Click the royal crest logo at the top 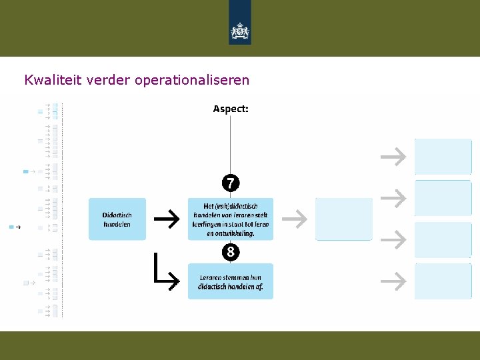click(240, 29)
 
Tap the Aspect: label click(231, 109)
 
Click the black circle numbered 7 click(231, 183)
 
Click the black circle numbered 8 click(231, 253)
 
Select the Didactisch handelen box click(117, 219)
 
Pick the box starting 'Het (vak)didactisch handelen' click(231, 219)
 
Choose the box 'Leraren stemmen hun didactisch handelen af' click(231, 281)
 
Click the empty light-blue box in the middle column click(344, 219)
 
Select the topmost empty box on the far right click(443, 157)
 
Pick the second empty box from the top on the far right click(443, 198)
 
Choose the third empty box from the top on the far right click(443, 239)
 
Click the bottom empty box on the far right click(443, 281)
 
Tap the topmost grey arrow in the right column click(393, 157)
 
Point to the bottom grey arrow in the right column click(393, 281)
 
